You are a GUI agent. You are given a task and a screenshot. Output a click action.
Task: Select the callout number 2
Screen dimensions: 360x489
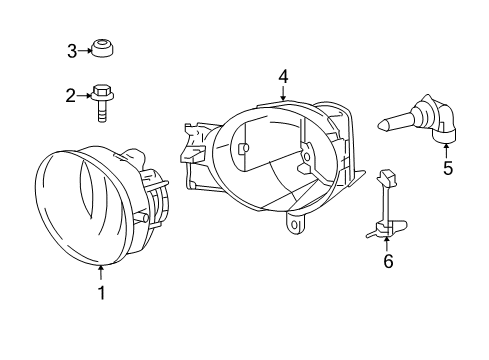coord(71,96)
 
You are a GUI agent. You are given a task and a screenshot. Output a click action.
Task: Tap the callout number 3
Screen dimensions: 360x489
coord(71,50)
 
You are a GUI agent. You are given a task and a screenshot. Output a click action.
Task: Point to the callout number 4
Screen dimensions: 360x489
coord(283,76)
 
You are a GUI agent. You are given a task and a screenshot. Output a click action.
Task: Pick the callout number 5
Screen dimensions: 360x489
coord(447,169)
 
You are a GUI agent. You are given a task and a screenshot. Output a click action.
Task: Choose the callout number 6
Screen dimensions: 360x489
coord(388,262)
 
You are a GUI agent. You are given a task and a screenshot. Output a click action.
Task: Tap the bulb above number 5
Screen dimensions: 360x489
coord(419,125)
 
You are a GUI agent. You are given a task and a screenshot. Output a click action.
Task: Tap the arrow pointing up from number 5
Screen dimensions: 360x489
coord(447,149)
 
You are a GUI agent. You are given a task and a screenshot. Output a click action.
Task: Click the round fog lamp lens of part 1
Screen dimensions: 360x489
coord(75,210)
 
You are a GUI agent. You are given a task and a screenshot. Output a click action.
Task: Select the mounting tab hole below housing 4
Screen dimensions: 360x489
coord(296,226)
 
